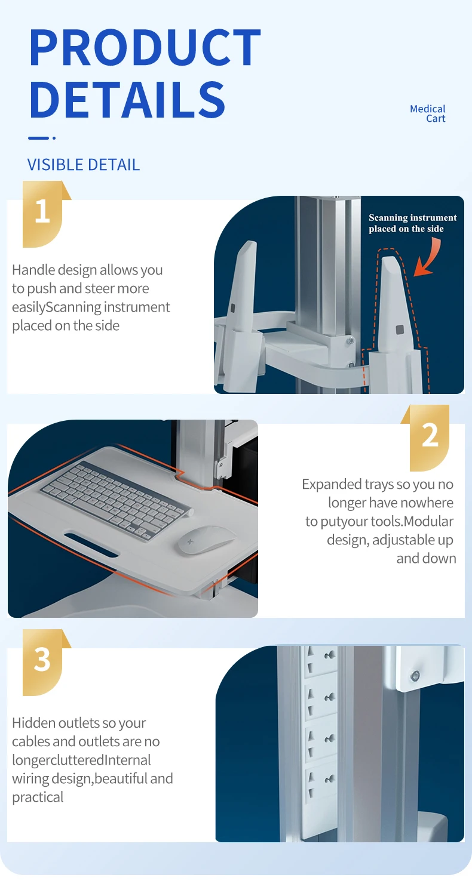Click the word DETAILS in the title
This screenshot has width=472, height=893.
click(127, 99)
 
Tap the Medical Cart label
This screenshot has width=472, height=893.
click(428, 113)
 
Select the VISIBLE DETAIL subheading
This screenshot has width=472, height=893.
click(84, 165)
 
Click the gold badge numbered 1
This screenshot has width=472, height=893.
click(42, 213)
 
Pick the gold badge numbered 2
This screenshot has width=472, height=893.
click(430, 436)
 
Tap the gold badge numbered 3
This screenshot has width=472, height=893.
click(42, 660)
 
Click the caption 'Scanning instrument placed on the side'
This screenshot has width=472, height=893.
click(412, 223)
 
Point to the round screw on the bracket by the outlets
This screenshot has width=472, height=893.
click(415, 676)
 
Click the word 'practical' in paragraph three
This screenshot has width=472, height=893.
click(38, 797)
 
